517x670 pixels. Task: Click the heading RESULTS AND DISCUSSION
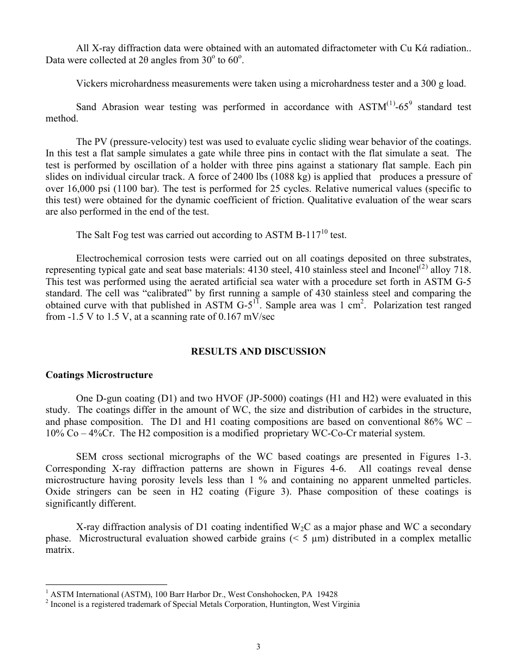pyautogui.click(x=258, y=351)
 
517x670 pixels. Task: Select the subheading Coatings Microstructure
pyautogui.click(x=99, y=375)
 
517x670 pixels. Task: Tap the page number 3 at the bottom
pyautogui.click(x=258, y=647)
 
